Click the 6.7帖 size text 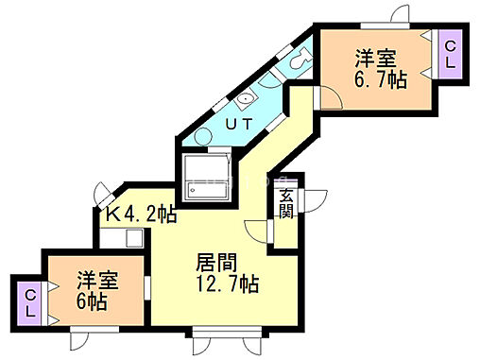coord(380,80)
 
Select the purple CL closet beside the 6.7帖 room coord(450,54)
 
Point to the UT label coord(238,122)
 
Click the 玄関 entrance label coord(284,204)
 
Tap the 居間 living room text coord(215,262)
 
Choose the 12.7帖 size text coord(228,283)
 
